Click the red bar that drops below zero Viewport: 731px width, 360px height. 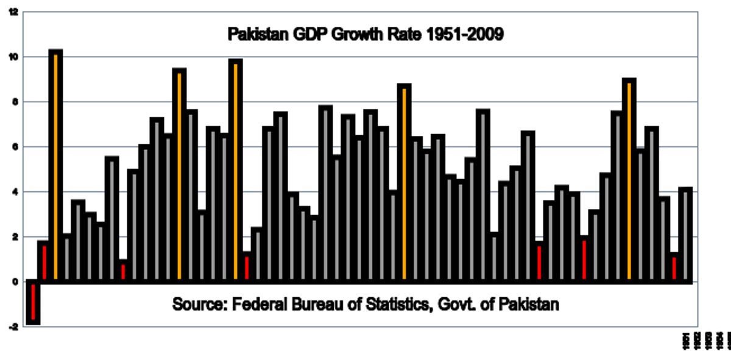point(33,302)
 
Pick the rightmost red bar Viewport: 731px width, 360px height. point(674,267)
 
